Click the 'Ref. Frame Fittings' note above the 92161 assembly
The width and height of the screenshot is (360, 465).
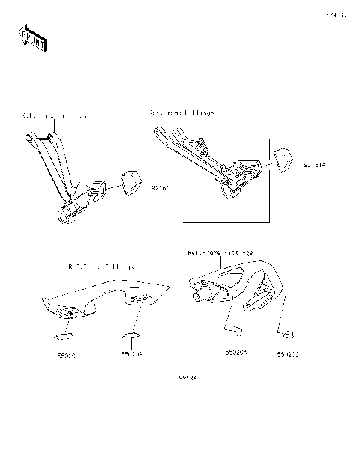[x=53, y=116]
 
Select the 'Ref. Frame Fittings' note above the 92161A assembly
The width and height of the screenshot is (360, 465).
[x=181, y=112]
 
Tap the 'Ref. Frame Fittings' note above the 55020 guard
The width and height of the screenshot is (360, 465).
[x=102, y=265]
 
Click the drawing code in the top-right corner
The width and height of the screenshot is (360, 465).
[x=335, y=13]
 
